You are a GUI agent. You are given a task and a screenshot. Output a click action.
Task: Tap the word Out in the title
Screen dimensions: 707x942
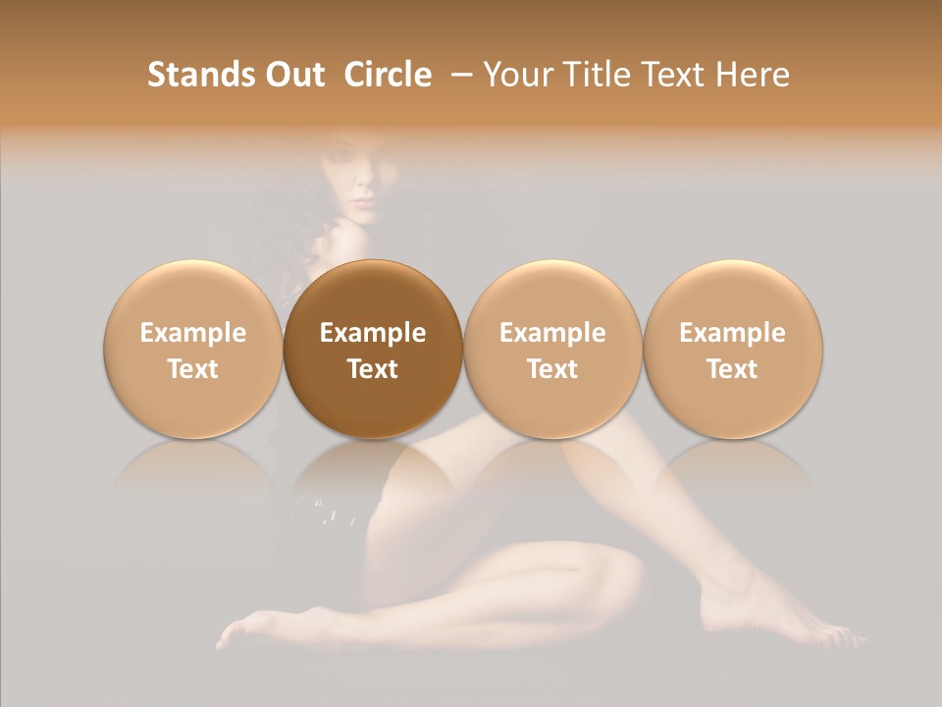(x=294, y=75)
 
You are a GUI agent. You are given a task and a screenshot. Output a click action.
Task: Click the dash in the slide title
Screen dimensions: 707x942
(x=459, y=75)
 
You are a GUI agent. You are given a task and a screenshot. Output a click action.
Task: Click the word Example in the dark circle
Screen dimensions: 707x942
(x=373, y=333)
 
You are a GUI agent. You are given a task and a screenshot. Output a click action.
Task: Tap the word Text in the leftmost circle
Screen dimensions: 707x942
(x=192, y=369)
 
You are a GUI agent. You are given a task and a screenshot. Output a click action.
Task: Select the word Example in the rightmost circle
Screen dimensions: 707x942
(x=733, y=333)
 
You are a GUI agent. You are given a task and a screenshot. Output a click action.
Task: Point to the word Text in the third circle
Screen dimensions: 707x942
(x=552, y=369)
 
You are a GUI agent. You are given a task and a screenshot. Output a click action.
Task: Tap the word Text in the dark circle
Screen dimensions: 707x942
(x=373, y=369)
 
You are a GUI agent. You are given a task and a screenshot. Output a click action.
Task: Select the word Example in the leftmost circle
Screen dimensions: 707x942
(x=192, y=333)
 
